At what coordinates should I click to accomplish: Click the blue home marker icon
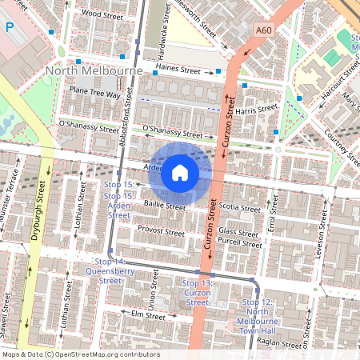click(x=179, y=173)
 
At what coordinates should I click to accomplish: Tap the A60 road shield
click(x=265, y=30)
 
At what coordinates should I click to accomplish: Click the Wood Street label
click(x=101, y=14)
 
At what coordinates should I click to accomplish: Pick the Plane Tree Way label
click(x=94, y=93)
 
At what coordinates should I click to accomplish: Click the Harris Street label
click(x=256, y=108)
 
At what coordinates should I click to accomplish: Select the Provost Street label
click(x=161, y=231)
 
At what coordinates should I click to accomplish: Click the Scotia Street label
click(x=239, y=208)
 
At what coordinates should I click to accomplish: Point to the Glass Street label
click(x=238, y=231)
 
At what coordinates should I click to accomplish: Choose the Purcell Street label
click(x=240, y=243)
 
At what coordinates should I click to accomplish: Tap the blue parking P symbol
click(x=10, y=26)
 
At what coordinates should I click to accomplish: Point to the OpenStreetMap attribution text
click(x=81, y=354)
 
